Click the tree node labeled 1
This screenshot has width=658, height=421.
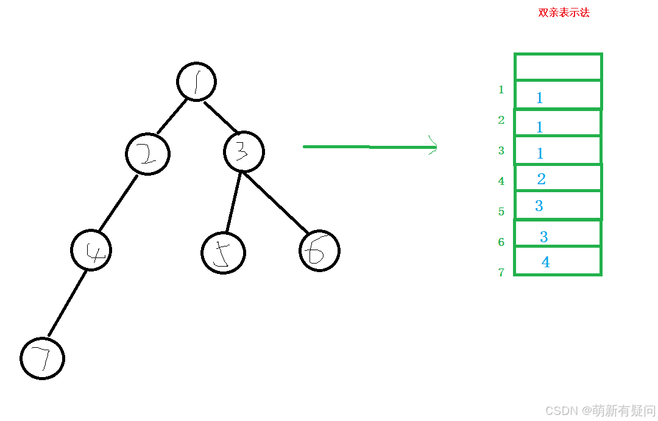(x=197, y=82)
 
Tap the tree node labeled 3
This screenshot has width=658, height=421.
(x=244, y=152)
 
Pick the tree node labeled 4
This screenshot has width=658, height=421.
(x=91, y=250)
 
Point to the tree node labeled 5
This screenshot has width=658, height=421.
(x=223, y=253)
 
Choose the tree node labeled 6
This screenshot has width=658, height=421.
(x=319, y=251)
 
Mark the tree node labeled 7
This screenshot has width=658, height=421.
(x=42, y=358)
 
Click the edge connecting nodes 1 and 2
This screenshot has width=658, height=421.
(x=172, y=116)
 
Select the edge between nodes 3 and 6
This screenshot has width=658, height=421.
(x=275, y=203)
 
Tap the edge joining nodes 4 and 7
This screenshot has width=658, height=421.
(x=67, y=303)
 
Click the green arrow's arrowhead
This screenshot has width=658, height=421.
(x=434, y=146)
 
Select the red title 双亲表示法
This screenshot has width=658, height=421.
(x=564, y=13)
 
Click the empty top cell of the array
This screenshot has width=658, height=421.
(x=558, y=67)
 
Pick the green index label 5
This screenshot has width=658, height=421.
(x=501, y=212)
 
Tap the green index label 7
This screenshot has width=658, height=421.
(x=501, y=273)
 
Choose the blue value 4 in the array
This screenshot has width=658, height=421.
(x=545, y=262)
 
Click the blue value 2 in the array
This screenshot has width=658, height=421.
(x=541, y=179)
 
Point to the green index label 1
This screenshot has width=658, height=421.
(x=501, y=90)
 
